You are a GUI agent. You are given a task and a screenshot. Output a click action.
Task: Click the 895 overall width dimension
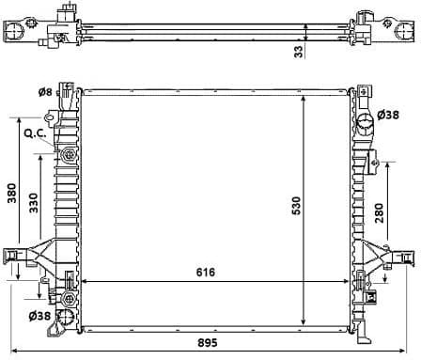(x=217, y=344)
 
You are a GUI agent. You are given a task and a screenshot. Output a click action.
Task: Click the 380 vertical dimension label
(x=12, y=194)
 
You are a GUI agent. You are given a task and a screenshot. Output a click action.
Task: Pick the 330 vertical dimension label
(x=33, y=205)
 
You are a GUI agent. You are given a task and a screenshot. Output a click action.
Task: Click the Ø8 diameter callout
(x=44, y=92)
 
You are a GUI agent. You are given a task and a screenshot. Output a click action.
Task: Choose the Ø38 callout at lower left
(x=39, y=316)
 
